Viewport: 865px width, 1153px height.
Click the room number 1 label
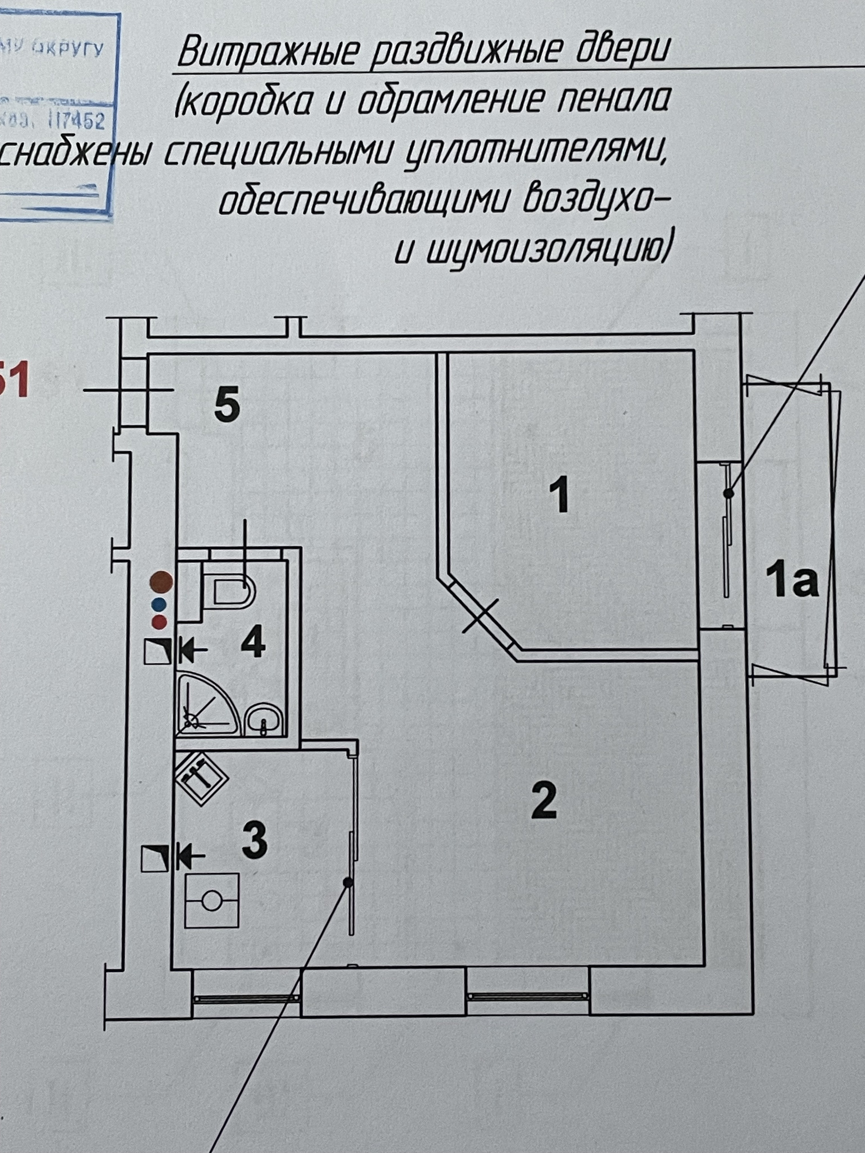click(561, 497)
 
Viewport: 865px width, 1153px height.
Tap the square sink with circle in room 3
click(212, 901)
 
